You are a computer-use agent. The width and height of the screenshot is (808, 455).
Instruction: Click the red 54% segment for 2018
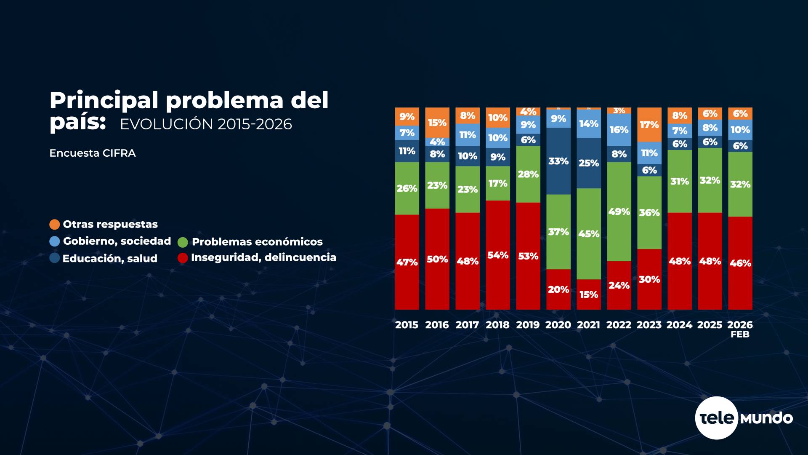pyautogui.click(x=498, y=255)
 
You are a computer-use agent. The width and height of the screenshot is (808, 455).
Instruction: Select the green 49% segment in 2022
pyautogui.click(x=619, y=211)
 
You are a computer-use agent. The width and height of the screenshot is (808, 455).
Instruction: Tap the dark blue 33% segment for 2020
pyautogui.click(x=558, y=161)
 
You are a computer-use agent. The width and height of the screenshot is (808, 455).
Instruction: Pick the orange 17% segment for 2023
pyautogui.click(x=649, y=125)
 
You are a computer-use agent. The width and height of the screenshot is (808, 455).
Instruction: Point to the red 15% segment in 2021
pyautogui.click(x=589, y=294)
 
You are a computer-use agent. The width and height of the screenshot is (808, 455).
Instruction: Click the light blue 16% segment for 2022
pyautogui.click(x=619, y=130)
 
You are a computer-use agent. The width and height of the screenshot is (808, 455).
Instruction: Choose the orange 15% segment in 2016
pyautogui.click(x=437, y=123)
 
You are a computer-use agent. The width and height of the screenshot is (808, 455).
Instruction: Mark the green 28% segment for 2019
pyautogui.click(x=528, y=174)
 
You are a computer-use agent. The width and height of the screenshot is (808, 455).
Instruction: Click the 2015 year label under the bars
pyautogui.click(x=407, y=325)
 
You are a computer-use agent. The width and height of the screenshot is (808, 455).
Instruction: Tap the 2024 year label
pyautogui.click(x=679, y=325)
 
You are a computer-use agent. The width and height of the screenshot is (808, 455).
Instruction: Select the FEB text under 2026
pyautogui.click(x=740, y=335)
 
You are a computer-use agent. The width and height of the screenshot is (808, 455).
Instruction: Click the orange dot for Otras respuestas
pyautogui.click(x=54, y=225)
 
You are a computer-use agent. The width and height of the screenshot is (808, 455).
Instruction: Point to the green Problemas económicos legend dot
pyautogui.click(x=183, y=242)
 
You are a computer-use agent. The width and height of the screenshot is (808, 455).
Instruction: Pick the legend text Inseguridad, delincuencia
pyautogui.click(x=263, y=257)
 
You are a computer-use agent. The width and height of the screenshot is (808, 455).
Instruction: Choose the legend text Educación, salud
pyautogui.click(x=110, y=258)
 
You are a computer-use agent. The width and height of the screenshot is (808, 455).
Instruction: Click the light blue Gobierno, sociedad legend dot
pyautogui.click(x=54, y=241)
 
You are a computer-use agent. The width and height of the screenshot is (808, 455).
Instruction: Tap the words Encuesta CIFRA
pyautogui.click(x=93, y=153)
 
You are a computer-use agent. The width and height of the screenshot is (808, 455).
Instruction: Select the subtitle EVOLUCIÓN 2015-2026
pyautogui.click(x=206, y=124)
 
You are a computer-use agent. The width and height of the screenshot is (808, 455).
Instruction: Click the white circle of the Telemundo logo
pyautogui.click(x=716, y=418)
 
